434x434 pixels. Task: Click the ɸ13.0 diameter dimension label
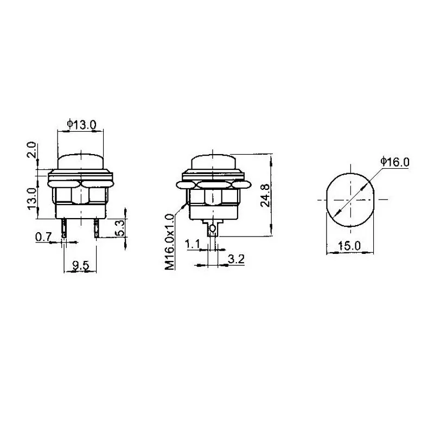coord(82,124)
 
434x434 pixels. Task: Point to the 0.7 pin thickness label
coord(43,237)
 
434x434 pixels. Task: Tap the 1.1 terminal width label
coord(193,245)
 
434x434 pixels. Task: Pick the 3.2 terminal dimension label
coord(236,259)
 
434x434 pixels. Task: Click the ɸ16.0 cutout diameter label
coord(394,161)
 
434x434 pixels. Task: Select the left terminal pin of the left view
coord(65,228)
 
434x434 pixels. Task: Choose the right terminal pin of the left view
coord(97,228)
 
